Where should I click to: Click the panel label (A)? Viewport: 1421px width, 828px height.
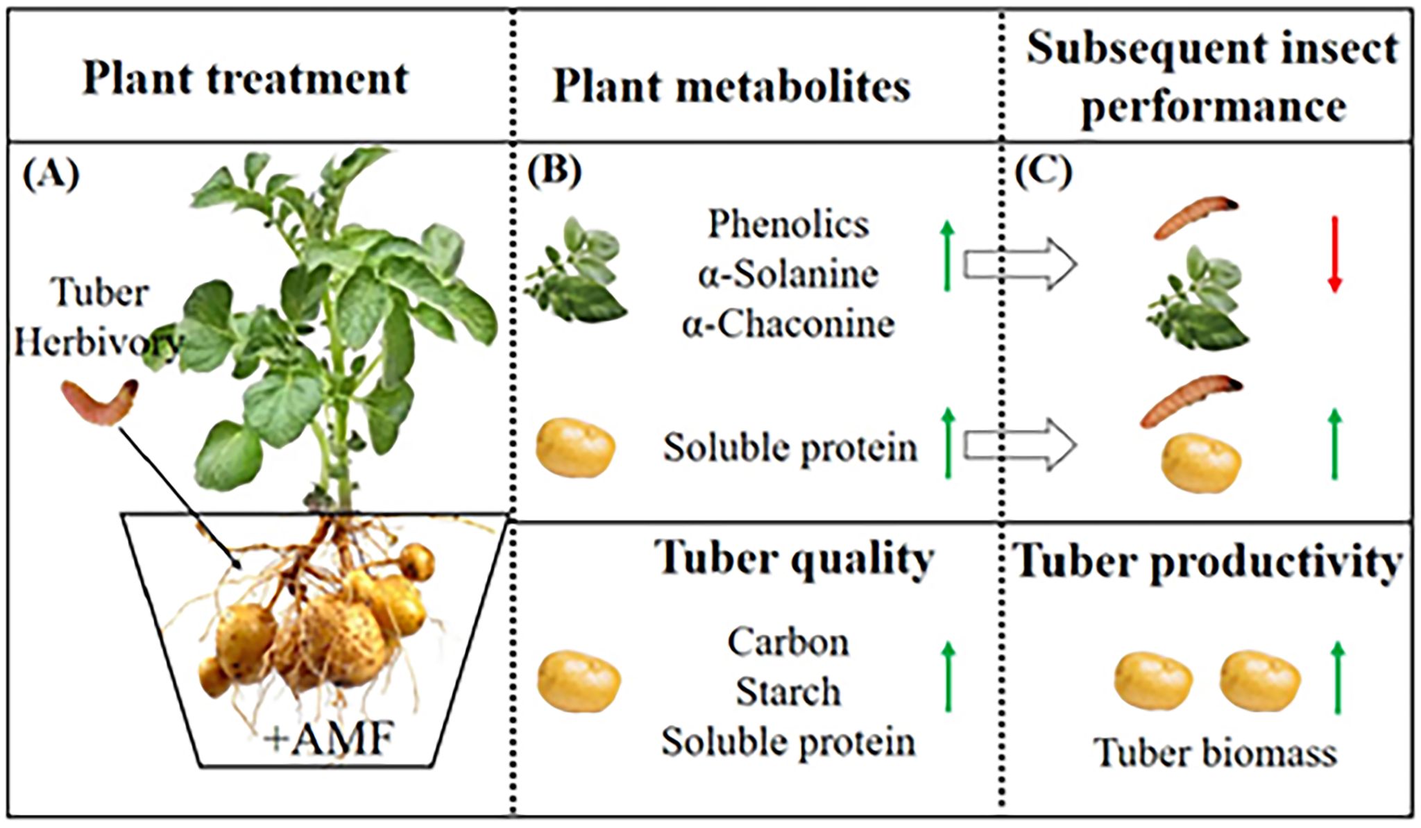pos(51,174)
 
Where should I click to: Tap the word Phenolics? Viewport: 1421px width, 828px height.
pos(788,224)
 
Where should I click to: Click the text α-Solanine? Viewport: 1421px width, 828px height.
pos(788,274)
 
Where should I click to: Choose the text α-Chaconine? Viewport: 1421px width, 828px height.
pos(788,324)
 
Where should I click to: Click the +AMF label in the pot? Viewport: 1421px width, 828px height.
pos(330,738)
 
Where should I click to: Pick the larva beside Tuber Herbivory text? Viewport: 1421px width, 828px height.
pos(99,401)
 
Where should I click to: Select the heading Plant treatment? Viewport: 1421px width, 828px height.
pos(246,78)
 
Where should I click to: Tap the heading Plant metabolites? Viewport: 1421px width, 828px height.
pos(731,87)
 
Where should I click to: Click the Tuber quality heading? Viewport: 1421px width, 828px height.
pos(794,558)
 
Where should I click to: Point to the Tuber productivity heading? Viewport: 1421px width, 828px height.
pos(1208,561)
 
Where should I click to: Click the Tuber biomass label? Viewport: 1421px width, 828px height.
pos(1215,752)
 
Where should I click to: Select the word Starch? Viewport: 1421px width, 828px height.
pos(788,692)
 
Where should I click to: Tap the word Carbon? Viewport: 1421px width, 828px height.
pos(788,642)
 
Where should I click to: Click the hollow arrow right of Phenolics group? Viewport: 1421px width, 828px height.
pos(1020,264)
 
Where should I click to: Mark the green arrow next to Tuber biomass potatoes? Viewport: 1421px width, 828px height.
pos(1338,677)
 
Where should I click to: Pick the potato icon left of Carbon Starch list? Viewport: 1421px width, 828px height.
pos(579,681)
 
